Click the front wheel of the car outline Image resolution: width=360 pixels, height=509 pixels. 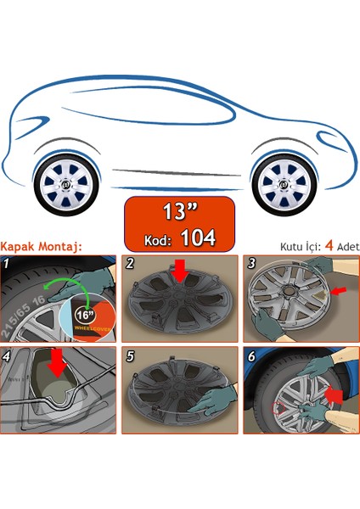click(284, 185)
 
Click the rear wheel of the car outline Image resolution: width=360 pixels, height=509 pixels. click(66, 185)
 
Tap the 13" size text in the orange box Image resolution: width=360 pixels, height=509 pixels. click(180, 211)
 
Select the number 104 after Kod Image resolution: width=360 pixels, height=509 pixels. click(198, 238)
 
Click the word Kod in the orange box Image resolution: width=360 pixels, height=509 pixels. click(158, 241)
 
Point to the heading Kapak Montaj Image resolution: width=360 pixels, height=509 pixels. click(41, 247)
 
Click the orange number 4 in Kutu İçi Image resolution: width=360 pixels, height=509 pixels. click(329, 246)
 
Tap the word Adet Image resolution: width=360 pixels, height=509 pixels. click(348, 247)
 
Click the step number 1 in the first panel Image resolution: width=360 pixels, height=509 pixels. click(6, 263)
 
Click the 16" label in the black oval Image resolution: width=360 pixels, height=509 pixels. click(85, 315)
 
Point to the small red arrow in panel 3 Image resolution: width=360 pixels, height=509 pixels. click(338, 291)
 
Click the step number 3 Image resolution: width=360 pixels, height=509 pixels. click(251, 263)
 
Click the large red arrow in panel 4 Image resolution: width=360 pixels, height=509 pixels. click(58, 363)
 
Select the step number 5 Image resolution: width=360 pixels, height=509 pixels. click(130, 356)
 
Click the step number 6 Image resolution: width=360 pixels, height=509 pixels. click(251, 356)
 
